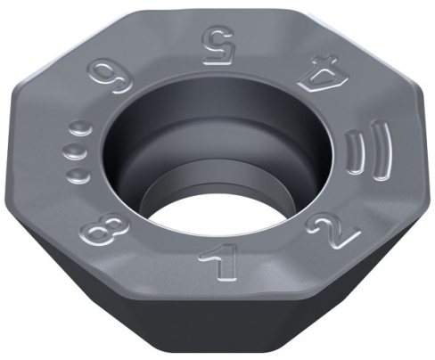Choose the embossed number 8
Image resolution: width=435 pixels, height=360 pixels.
click(103, 235)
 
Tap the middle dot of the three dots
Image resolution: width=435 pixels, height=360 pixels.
click(72, 149)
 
